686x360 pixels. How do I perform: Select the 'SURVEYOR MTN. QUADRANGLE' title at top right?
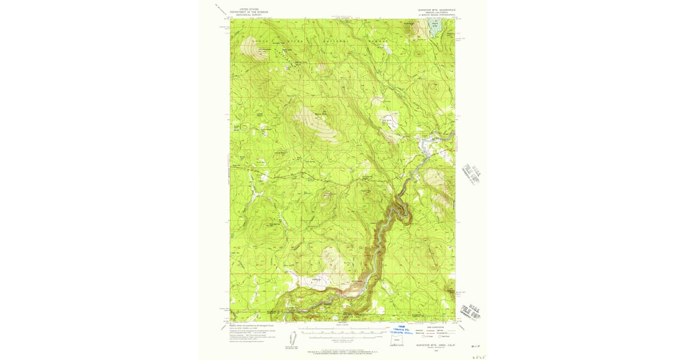pos(437,9)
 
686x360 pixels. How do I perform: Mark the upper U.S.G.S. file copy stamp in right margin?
pos(471,173)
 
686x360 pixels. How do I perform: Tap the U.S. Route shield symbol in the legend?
pos(424,337)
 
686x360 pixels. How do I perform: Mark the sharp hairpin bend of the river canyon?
pos(405,215)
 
